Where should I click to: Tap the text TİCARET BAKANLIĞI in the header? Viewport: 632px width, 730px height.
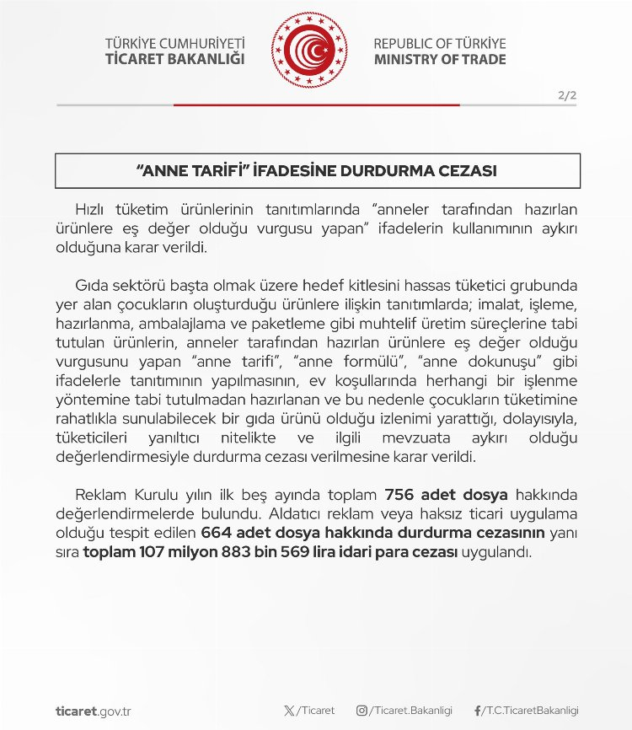[174, 59]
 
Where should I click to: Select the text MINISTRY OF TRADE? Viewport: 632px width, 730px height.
[440, 59]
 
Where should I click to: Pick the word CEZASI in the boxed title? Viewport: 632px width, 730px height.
[467, 170]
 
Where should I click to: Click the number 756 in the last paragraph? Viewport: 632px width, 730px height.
[398, 494]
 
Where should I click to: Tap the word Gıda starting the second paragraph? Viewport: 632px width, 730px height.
[92, 286]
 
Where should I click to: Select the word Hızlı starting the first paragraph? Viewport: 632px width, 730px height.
[93, 208]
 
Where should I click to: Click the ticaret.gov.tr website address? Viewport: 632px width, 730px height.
[92, 711]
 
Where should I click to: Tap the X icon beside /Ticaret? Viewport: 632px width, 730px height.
[290, 711]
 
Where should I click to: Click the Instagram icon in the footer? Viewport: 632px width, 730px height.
[362, 711]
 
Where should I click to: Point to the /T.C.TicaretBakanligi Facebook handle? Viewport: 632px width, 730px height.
[531, 711]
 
